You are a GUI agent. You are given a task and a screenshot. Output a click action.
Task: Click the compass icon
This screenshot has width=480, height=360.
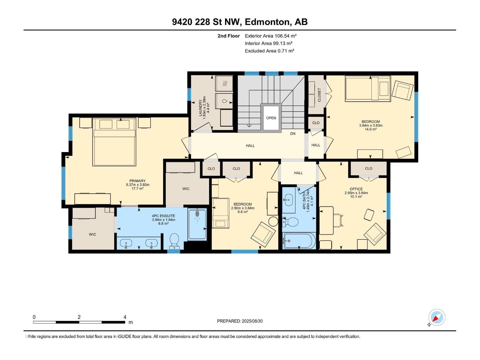[436, 317]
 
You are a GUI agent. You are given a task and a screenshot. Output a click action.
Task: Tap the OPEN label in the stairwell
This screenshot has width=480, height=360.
[271, 118]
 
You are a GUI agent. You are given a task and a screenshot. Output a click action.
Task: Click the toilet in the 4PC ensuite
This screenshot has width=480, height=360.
[174, 241]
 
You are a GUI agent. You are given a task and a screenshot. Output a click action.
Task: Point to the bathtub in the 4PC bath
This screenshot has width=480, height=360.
[299, 241]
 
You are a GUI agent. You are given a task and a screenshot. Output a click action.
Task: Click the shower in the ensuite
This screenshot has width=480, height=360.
[197, 224]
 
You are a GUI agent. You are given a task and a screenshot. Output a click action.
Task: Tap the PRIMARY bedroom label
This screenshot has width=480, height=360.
[137, 181]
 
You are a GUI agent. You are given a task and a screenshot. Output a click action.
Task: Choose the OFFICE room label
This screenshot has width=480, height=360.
[356, 189]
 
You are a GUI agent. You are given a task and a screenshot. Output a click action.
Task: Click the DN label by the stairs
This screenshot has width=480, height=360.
[292, 133]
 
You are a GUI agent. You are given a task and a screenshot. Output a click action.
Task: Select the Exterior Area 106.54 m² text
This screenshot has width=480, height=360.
[271, 36]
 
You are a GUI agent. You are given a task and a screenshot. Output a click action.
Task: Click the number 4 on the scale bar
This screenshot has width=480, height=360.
[125, 317]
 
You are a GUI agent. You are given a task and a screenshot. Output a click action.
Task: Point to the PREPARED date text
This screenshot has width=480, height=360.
[240, 321]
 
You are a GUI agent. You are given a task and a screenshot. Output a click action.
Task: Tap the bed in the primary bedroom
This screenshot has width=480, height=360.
[114, 142]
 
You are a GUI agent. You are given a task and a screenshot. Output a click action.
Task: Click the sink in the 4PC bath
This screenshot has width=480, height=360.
[289, 200]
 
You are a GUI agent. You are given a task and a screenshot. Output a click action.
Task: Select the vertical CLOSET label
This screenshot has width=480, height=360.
[319, 95]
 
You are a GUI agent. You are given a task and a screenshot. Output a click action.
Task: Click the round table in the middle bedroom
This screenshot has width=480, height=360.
[273, 221]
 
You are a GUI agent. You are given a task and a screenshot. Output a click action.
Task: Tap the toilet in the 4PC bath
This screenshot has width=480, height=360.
[290, 222]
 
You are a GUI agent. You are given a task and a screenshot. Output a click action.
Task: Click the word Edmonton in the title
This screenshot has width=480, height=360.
[268, 22]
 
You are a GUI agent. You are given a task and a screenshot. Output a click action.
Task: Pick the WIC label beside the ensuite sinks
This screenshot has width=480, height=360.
[92, 234]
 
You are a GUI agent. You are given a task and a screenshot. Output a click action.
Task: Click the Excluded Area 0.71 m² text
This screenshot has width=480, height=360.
[269, 51]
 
